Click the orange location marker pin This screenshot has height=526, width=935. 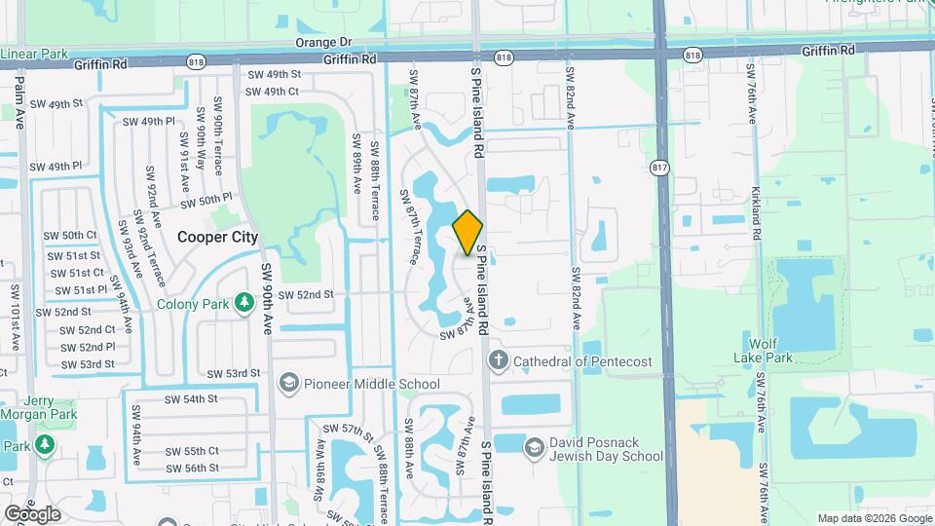(467, 232)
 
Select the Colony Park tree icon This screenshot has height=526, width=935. (243, 304)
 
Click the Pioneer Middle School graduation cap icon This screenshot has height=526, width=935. (289, 383)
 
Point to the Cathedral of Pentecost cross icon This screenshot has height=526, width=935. (499, 361)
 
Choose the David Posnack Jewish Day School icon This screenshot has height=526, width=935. (533, 448)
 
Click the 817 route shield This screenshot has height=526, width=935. (661, 168)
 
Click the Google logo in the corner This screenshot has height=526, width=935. (32, 513)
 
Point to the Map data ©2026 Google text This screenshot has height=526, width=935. (874, 518)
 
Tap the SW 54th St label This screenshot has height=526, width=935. (190, 399)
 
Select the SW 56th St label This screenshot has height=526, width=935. (192, 468)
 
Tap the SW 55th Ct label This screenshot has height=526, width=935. (192, 451)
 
